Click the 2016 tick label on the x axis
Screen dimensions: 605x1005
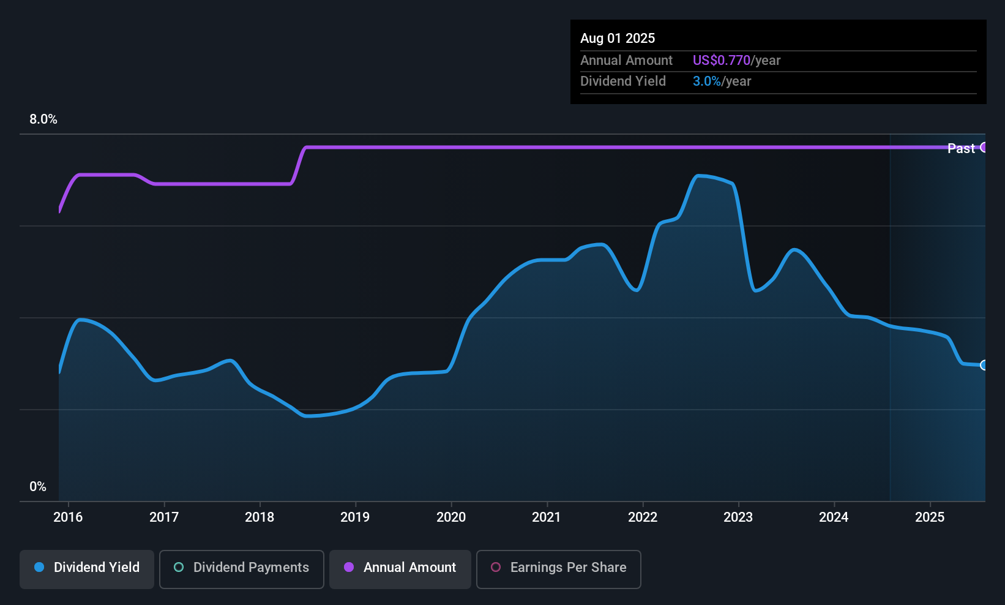pyautogui.click(x=68, y=517)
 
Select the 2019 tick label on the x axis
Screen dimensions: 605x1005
pyautogui.click(x=355, y=517)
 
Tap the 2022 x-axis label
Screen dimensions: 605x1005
pyautogui.click(x=643, y=517)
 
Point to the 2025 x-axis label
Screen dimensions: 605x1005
pyautogui.click(x=930, y=517)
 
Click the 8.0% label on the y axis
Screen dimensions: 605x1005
pyautogui.click(x=43, y=119)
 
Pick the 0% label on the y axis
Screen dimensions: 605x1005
pyautogui.click(x=38, y=487)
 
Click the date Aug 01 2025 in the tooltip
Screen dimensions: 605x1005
pyautogui.click(x=618, y=39)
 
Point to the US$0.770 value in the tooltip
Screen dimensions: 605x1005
pyautogui.click(x=721, y=61)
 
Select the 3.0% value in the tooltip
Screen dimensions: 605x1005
pyautogui.click(x=706, y=81)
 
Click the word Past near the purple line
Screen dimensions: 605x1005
pyautogui.click(x=961, y=148)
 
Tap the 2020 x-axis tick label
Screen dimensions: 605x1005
pyautogui.click(x=451, y=517)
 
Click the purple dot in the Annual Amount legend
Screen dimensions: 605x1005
pyautogui.click(x=349, y=567)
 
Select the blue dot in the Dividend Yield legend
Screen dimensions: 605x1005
pyautogui.click(x=39, y=567)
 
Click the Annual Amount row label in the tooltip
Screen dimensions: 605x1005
pyautogui.click(x=626, y=61)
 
